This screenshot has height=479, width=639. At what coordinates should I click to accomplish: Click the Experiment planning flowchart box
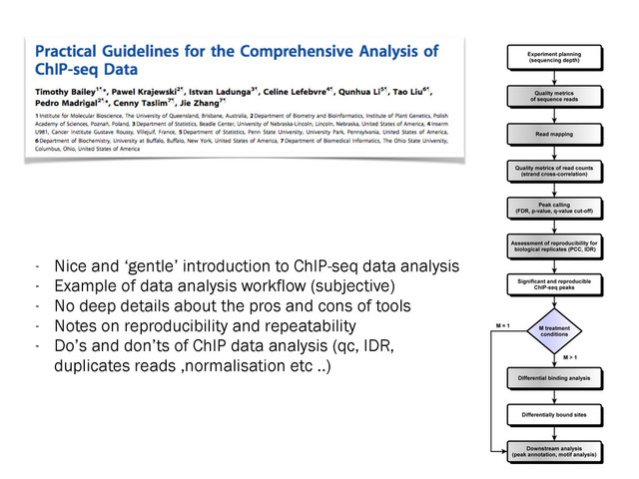pyautogui.click(x=554, y=57)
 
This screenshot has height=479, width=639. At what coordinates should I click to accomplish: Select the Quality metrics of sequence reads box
pyautogui.click(x=554, y=96)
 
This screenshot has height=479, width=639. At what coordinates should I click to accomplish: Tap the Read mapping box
pyautogui.click(x=554, y=132)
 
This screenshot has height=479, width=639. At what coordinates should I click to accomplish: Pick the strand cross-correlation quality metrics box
pyautogui.click(x=554, y=171)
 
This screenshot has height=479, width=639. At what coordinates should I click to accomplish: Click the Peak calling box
pyautogui.click(x=554, y=208)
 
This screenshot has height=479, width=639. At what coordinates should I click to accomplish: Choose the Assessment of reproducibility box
pyautogui.click(x=554, y=245)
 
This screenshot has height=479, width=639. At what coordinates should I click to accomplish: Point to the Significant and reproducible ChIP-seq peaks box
pyautogui.click(x=554, y=284)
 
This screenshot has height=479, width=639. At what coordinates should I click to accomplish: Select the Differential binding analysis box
pyautogui.click(x=554, y=378)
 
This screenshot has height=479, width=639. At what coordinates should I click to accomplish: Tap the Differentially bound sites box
pyautogui.click(x=554, y=413)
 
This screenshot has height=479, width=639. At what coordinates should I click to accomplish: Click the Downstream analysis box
pyautogui.click(x=554, y=450)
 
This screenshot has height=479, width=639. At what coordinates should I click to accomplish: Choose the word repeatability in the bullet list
pyautogui.click(x=290, y=325)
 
